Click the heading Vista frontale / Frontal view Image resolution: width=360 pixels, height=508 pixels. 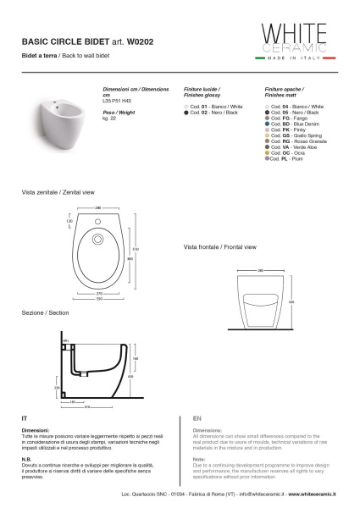219,247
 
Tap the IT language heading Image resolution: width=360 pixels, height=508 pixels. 25,418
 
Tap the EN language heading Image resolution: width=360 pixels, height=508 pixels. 197,418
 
